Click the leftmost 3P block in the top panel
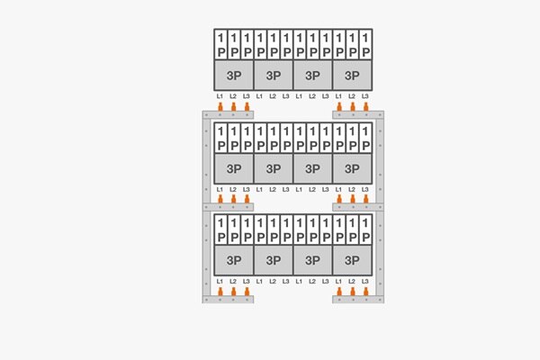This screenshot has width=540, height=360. click(x=234, y=75)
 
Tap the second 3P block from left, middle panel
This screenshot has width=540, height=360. click(x=274, y=167)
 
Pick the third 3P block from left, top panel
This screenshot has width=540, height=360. click(x=313, y=75)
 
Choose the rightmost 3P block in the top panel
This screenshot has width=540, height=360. click(x=352, y=75)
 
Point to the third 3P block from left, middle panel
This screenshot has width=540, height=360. click(x=313, y=167)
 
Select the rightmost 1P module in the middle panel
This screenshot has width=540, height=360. click(x=365, y=138)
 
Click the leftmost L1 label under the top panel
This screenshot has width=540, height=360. click(x=220, y=95)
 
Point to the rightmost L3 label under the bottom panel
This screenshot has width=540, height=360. click(x=365, y=282)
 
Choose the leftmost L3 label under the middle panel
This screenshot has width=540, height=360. click(x=247, y=189)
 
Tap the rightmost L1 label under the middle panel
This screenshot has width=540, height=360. click(x=339, y=189)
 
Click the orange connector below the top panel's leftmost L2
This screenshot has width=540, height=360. click(x=233, y=107)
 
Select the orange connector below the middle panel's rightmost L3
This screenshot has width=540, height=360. click(x=365, y=199)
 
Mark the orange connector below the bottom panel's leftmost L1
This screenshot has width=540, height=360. click(x=220, y=292)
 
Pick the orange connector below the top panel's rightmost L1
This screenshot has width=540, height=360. click(x=339, y=107)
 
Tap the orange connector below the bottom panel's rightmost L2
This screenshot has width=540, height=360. click(x=352, y=292)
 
